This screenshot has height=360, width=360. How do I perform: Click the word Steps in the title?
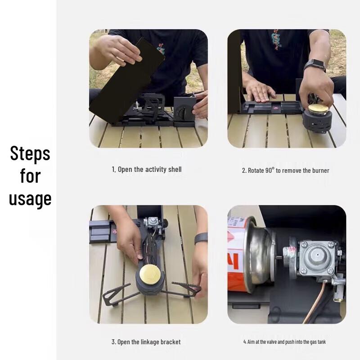click(x=30, y=154)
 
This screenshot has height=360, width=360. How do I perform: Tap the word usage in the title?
click(x=30, y=199)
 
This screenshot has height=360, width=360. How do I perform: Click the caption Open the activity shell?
click(x=147, y=169)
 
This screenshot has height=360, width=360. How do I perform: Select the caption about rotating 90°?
click(x=285, y=171)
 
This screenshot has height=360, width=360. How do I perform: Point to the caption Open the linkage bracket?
click(x=146, y=342)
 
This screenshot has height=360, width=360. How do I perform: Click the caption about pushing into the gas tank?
click(x=284, y=342)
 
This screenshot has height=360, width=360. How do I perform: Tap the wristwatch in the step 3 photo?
click(x=201, y=238)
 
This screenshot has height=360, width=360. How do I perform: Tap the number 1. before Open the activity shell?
click(x=114, y=169)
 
